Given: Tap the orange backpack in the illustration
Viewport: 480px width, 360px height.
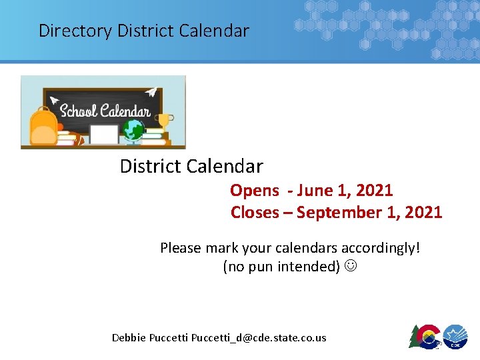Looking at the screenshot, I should [43, 127].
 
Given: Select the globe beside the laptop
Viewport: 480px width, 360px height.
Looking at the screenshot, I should [135, 129].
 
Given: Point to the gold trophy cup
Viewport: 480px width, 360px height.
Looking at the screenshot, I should [164, 121].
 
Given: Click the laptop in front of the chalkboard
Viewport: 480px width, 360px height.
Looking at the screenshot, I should [104, 134].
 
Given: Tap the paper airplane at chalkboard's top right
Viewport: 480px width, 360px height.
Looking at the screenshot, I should [153, 93].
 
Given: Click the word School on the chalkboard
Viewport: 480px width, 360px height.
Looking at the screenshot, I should [78, 111].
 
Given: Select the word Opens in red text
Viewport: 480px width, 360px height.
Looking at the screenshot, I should [255, 191].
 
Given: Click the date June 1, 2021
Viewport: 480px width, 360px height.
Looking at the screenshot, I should [345, 191].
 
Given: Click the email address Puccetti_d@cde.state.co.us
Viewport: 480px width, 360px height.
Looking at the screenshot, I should [259, 338].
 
